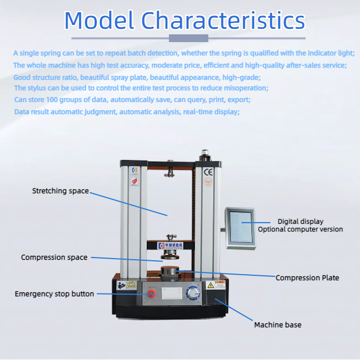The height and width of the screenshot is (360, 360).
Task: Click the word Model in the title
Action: tap(99, 20)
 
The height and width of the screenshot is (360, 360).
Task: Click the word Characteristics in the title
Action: tap(223, 20)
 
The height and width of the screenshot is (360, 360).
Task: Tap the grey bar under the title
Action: tap(188, 38)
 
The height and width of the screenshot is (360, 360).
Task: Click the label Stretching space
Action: tap(60, 191)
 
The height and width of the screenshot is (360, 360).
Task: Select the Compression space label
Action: tap(54, 258)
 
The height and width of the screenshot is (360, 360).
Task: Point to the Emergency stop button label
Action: tap(54, 294)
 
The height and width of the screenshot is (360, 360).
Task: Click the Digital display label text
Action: tap(300, 222)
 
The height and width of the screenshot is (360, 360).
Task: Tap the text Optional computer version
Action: tap(300, 229)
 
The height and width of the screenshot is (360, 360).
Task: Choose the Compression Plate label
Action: tap(307, 278)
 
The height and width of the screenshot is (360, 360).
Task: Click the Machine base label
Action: tap(277, 325)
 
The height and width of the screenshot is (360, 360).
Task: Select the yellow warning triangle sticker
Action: tap(210, 285)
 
